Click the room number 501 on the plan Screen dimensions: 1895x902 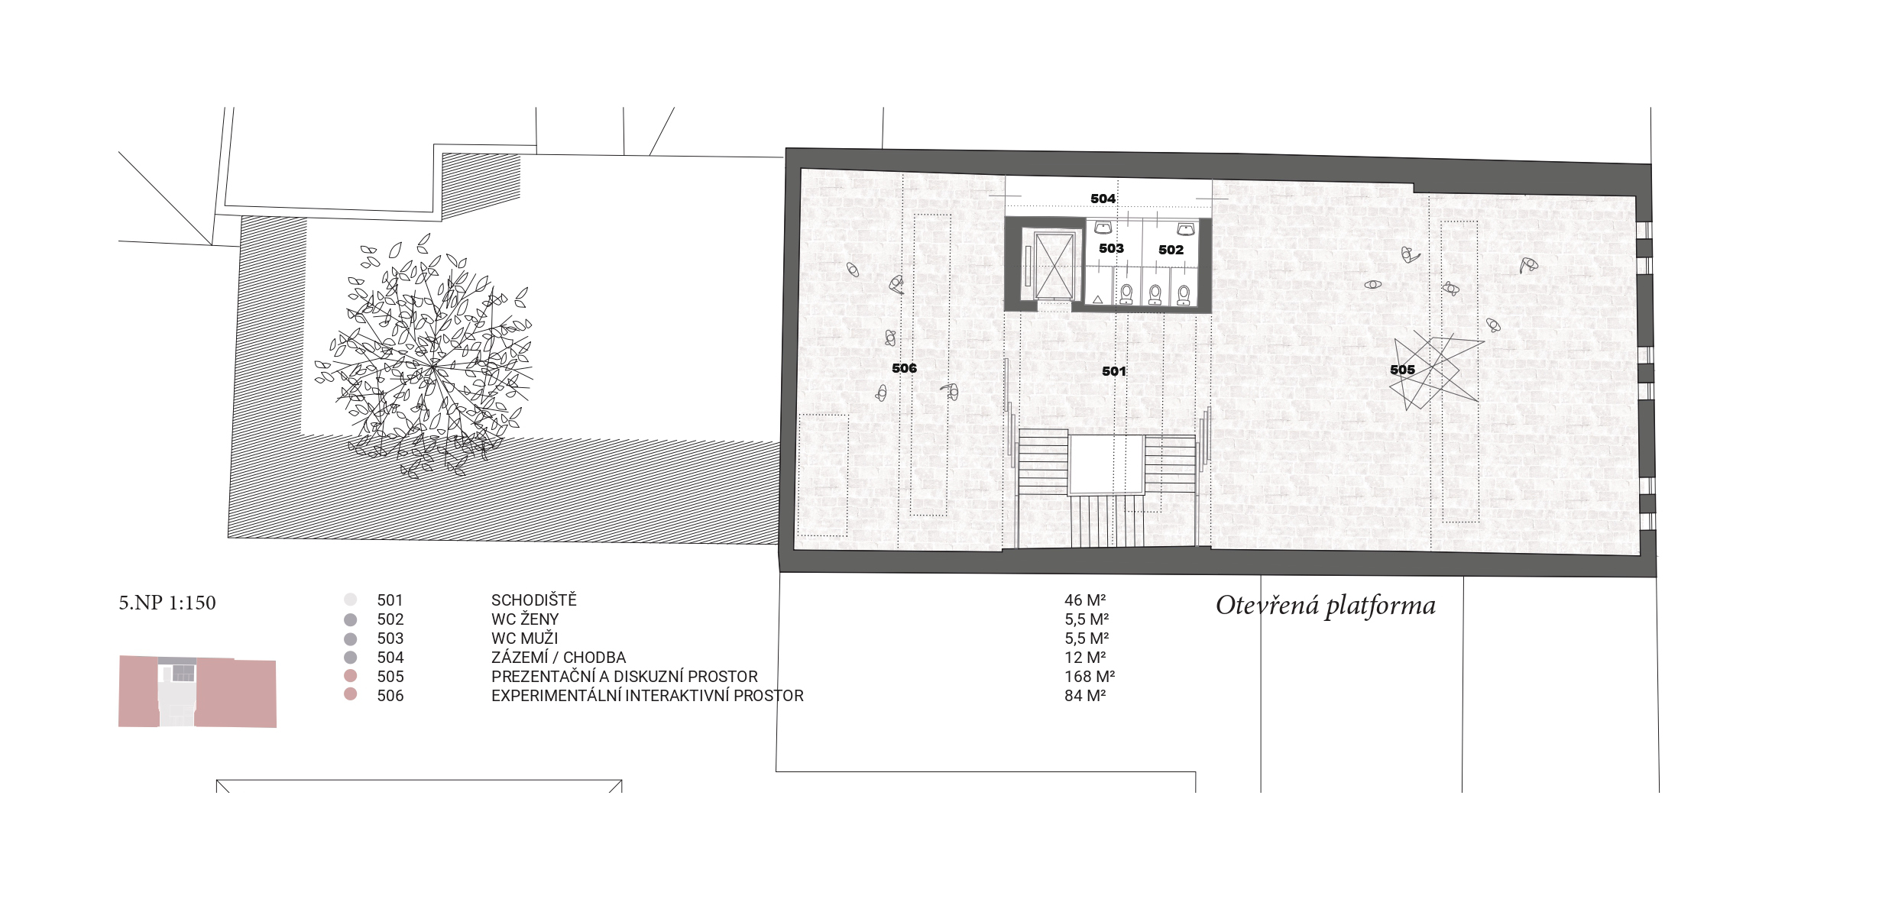pyautogui.click(x=1114, y=372)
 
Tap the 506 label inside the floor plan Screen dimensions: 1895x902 pyautogui.click(x=904, y=368)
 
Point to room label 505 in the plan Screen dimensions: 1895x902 pyautogui.click(x=1402, y=370)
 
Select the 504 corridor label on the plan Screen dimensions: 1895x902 pyautogui.click(x=1103, y=199)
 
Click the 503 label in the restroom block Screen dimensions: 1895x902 pyautogui.click(x=1111, y=248)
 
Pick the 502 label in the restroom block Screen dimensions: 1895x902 pyautogui.click(x=1171, y=250)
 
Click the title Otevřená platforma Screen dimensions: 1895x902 pyautogui.click(x=1326, y=606)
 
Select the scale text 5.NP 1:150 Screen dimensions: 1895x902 pyautogui.click(x=167, y=603)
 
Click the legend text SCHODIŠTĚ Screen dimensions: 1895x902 pyautogui.click(x=534, y=600)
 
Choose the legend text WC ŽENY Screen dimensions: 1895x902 pyautogui.click(x=525, y=619)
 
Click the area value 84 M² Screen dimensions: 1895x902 pyautogui.click(x=1085, y=696)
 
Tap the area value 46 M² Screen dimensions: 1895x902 pyautogui.click(x=1086, y=600)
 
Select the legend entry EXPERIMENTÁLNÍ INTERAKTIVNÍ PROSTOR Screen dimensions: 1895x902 pyautogui.click(x=647, y=696)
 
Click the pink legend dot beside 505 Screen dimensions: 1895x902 pyautogui.click(x=350, y=677)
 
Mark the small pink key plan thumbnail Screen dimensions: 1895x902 pyautogui.click(x=197, y=691)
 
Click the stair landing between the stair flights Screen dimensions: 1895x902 pyautogui.click(x=1106, y=464)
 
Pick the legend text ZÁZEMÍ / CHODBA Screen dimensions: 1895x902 pyautogui.click(x=559, y=658)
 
